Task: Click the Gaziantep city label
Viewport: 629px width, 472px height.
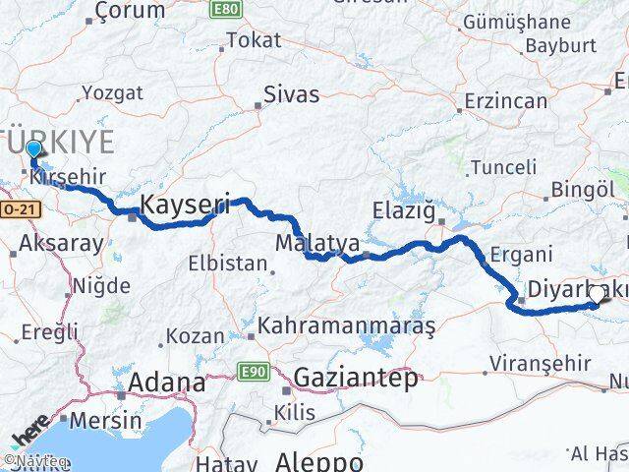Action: click(356, 377)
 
